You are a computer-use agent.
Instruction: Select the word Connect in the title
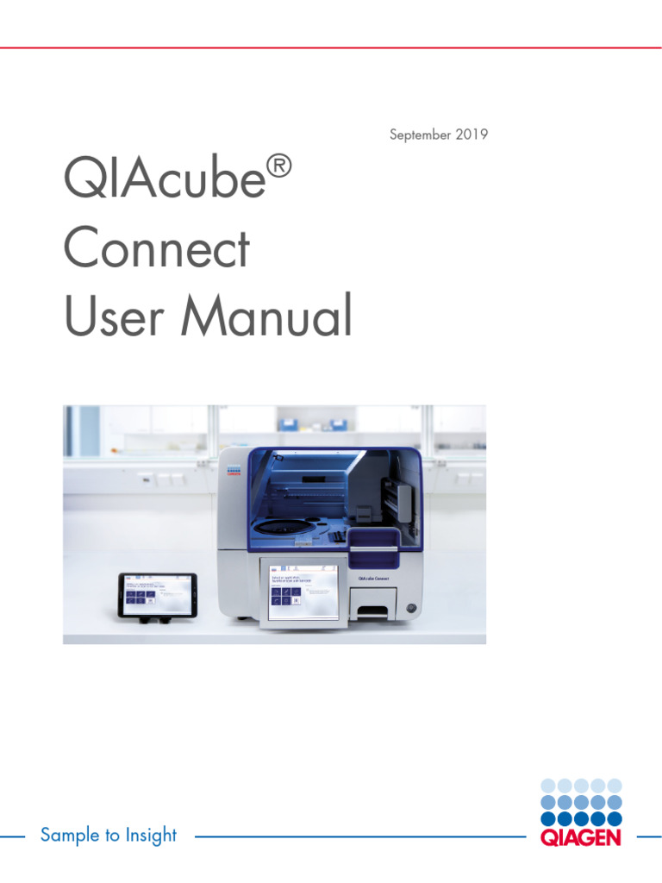[156, 249]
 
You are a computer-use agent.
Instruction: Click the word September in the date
[420, 135]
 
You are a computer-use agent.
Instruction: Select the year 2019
[472, 135]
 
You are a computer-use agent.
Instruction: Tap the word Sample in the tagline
[67, 835]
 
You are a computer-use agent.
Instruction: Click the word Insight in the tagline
[151, 835]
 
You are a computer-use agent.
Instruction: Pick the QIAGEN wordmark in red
[579, 837]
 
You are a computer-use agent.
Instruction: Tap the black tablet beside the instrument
[158, 594]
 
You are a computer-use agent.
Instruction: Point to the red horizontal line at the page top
[331, 47]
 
